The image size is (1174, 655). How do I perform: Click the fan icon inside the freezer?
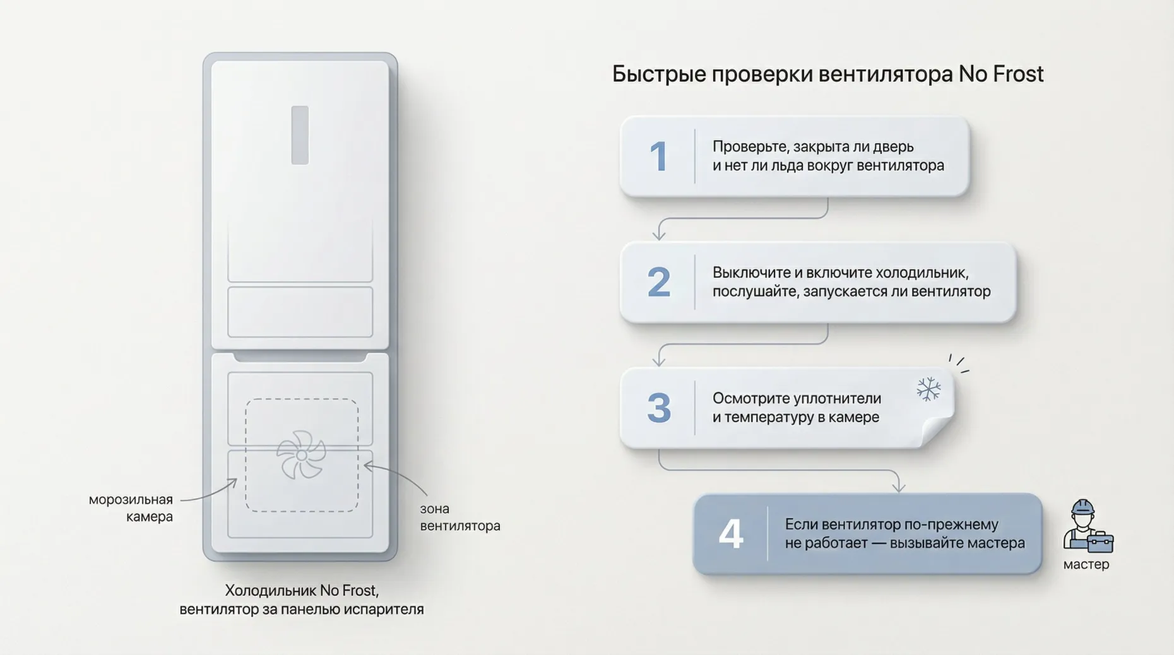(301, 454)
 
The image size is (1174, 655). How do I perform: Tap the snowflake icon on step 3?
(928, 389)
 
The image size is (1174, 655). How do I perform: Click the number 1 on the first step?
(659, 156)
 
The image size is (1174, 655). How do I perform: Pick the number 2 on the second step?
(659, 282)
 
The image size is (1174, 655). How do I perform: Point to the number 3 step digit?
(659, 408)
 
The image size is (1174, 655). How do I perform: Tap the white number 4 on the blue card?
(731, 534)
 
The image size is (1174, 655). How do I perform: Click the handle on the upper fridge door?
(300, 135)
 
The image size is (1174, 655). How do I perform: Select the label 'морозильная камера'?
(131, 508)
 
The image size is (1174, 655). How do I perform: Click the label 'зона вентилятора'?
(460, 517)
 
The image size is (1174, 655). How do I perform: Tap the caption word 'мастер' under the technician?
(1086, 564)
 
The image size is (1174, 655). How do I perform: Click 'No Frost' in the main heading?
(1000, 74)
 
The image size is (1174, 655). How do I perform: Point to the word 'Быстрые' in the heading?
(658, 74)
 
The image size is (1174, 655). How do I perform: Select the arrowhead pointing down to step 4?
(899, 487)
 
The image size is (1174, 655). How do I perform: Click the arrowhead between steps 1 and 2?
(659, 235)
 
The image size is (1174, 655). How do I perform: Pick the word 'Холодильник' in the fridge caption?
(270, 591)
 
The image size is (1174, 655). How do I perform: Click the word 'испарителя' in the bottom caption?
(389, 610)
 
